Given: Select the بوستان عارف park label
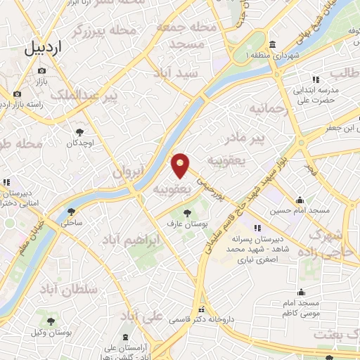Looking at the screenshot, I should [x=187, y=223].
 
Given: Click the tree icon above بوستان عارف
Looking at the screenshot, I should [x=187, y=212].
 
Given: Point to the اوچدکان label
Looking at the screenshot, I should [x=79, y=143].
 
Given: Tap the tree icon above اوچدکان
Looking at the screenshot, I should [x=79, y=132].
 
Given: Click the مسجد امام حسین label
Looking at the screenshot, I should [x=300, y=210].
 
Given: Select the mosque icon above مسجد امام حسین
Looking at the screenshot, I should [x=300, y=200].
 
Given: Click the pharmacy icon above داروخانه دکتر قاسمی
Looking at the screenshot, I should [x=202, y=309].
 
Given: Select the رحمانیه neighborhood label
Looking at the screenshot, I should [x=263, y=109].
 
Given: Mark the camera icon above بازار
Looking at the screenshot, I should [x=41, y=71].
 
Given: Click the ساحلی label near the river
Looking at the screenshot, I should [x=72, y=222].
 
